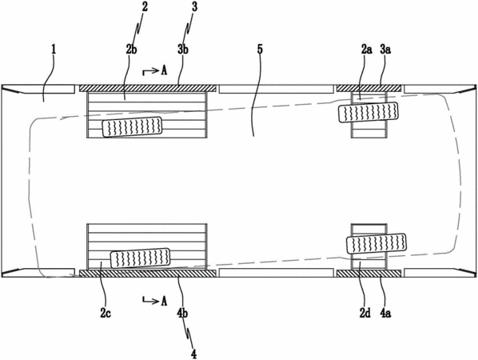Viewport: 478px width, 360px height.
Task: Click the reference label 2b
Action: [x=131, y=50]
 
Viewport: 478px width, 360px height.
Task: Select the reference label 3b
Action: [x=182, y=50]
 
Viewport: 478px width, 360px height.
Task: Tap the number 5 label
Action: [x=260, y=50]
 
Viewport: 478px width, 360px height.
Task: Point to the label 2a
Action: [x=366, y=50]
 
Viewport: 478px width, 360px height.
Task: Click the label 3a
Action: [x=385, y=50]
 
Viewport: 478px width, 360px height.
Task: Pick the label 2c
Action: [x=106, y=313]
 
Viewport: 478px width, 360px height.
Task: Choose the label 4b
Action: [x=182, y=313]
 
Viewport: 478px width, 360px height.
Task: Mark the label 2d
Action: [x=364, y=313]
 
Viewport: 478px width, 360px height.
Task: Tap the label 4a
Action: [x=385, y=313]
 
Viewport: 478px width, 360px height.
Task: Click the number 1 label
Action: [x=54, y=50]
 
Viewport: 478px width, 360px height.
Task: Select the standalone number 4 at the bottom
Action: [x=193, y=354]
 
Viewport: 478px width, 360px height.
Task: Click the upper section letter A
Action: [x=164, y=70]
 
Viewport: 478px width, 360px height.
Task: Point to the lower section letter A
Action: [x=164, y=301]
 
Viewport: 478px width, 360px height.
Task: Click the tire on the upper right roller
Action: [x=368, y=112]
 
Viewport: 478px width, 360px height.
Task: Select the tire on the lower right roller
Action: [x=376, y=244]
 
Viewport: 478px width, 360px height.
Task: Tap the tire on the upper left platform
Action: [x=132, y=127]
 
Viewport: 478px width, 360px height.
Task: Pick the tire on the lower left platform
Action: [x=140, y=258]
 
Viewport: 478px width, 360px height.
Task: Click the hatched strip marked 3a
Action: [x=368, y=88]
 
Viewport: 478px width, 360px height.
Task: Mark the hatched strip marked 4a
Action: [x=368, y=274]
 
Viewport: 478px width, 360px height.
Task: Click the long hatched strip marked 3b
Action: [x=148, y=88]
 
